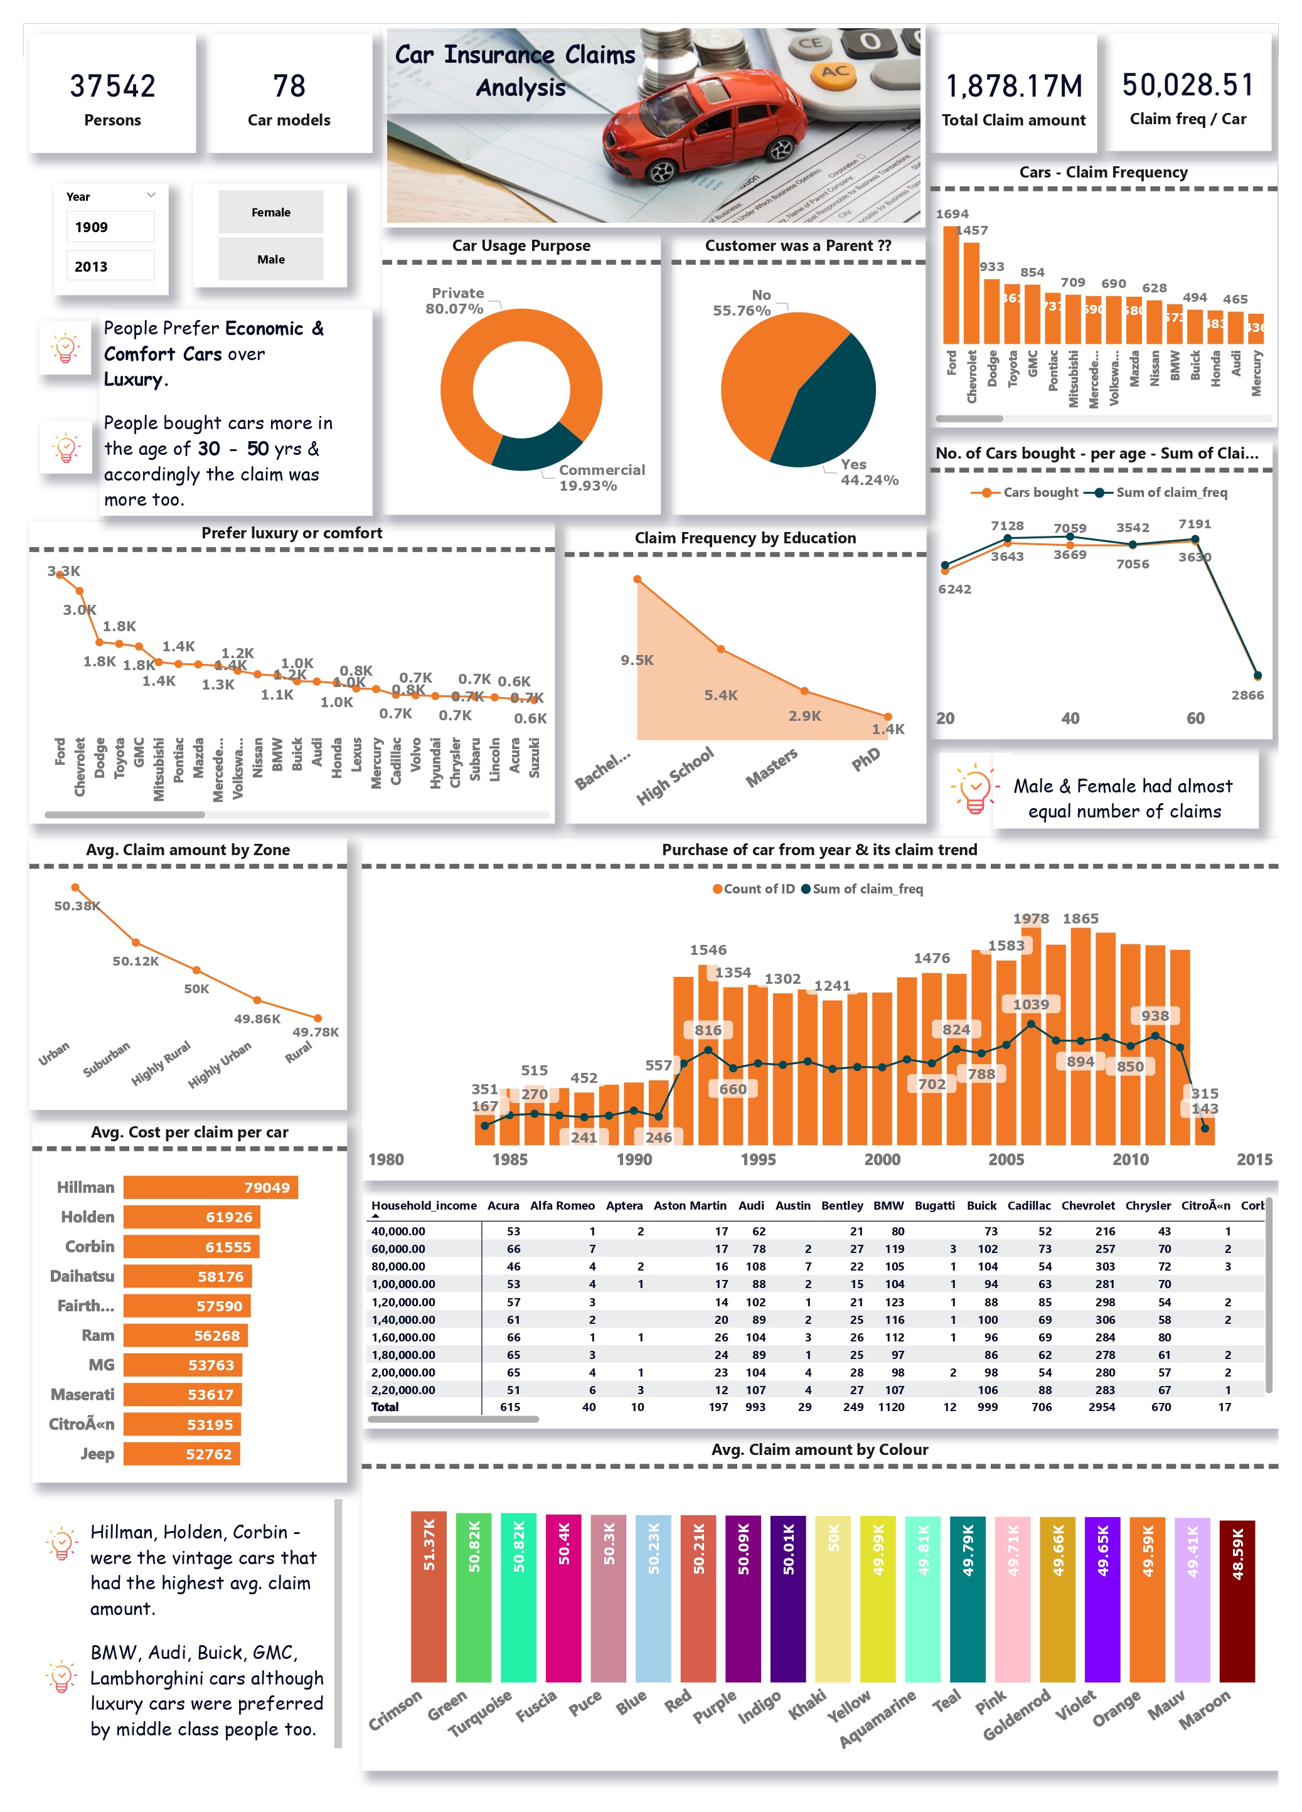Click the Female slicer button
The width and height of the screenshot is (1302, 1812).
[271, 213]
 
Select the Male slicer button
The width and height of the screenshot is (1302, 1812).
[271, 260]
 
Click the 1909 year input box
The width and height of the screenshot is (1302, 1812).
[110, 227]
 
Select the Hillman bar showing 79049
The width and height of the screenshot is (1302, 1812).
[210, 1187]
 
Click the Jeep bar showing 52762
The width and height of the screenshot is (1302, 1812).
[181, 1454]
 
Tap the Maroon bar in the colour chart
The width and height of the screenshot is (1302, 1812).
[1237, 1601]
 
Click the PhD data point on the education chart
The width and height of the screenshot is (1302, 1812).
[887, 717]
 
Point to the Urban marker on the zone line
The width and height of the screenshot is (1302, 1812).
[75, 887]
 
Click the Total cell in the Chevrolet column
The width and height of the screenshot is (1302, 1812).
[1101, 1407]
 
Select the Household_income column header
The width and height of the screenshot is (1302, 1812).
[424, 1206]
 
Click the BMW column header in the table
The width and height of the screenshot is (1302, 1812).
[888, 1206]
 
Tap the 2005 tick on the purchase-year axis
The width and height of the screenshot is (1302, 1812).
[1006, 1159]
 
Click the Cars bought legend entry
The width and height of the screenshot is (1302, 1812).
[1030, 492]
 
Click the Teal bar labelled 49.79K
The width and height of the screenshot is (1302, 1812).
[968, 1598]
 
